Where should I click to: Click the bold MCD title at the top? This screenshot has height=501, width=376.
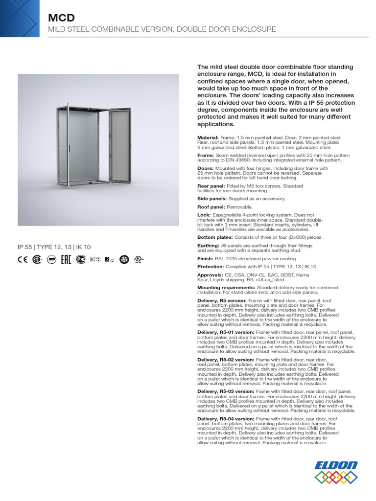(61, 18)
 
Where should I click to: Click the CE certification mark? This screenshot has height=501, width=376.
(23, 260)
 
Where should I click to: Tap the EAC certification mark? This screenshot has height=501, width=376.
(65, 260)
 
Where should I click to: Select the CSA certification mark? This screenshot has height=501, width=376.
(37, 260)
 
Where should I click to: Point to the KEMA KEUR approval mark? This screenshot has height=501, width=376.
(94, 260)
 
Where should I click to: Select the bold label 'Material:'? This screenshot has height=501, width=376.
(208, 138)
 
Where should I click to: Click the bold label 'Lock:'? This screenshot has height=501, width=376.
(204, 215)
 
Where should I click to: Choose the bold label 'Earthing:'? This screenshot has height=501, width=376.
(208, 245)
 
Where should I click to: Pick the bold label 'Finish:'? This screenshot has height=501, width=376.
(205, 258)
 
